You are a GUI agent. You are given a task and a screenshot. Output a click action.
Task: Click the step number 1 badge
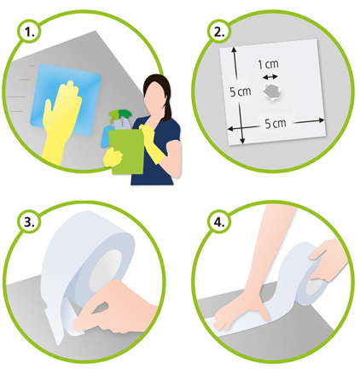click(x=29, y=32)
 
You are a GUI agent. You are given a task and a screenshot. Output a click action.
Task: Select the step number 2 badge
click(x=219, y=32)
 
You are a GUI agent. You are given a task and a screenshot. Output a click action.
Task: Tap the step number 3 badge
click(x=29, y=222)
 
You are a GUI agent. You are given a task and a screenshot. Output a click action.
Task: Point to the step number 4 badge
click(x=219, y=222)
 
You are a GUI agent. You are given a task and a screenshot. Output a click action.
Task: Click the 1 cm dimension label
click(x=268, y=64)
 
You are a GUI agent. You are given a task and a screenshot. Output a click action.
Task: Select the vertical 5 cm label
click(x=241, y=91)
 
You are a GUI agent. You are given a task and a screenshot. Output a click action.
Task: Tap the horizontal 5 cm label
click(x=276, y=124)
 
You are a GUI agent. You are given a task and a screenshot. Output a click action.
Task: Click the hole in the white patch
click(x=272, y=92)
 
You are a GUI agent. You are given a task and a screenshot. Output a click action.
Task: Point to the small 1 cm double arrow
click(x=270, y=77)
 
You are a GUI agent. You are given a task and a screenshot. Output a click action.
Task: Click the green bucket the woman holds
click(x=126, y=151)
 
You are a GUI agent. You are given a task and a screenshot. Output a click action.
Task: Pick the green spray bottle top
click(x=121, y=114)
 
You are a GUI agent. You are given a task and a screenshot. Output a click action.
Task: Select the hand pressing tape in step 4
click(x=241, y=310)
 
